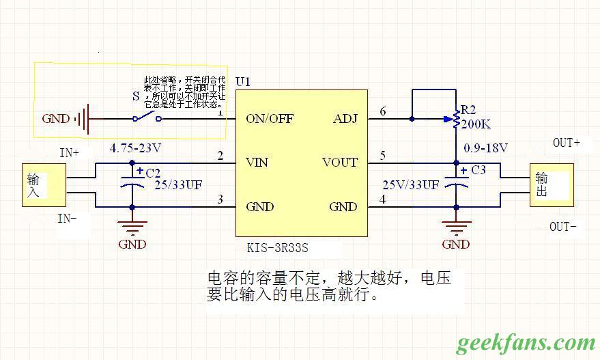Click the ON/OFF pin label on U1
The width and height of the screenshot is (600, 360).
coord(270,119)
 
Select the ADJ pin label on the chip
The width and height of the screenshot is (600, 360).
coord(345,119)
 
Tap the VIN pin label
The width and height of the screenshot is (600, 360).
coord(257,163)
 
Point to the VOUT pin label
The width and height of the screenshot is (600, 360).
coord(340,163)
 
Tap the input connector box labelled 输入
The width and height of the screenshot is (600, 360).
coord(44,185)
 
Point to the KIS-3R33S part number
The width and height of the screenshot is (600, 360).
coord(282,248)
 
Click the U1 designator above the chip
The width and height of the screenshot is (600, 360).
coord(243,81)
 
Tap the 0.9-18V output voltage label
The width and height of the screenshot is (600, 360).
coord(486,148)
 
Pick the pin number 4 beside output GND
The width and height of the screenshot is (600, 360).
coord(383,199)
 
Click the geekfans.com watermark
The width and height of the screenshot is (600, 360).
coord(526,342)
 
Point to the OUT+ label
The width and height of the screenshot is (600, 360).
coord(567,143)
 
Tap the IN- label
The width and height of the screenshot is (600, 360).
coord(68,219)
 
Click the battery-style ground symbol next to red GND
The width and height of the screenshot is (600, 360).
coord(83,119)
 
